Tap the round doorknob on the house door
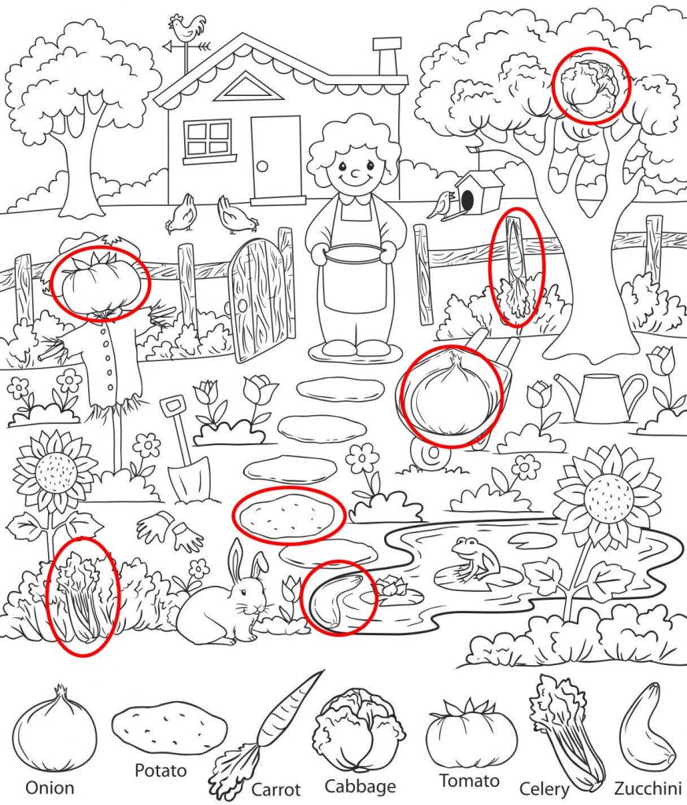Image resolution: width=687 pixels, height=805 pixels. [x=263, y=167]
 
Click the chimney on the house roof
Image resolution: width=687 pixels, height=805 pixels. [x=386, y=57]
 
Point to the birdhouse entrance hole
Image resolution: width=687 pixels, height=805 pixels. [x=467, y=198]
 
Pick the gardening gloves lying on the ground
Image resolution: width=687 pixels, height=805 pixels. [x=172, y=531]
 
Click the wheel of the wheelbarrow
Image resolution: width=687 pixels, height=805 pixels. [x=427, y=453]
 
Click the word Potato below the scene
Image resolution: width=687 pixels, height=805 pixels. [x=161, y=770]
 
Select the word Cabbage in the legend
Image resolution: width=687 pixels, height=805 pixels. [x=360, y=786]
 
